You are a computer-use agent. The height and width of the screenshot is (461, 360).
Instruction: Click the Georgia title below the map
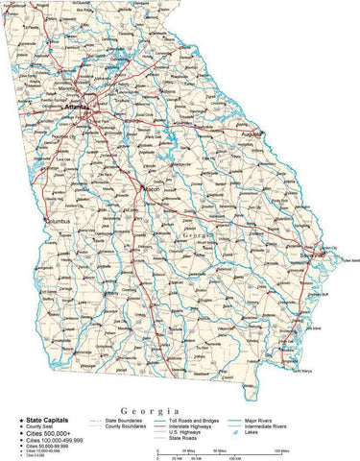click(144, 410)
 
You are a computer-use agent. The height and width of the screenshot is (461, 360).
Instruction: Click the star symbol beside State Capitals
click(19, 420)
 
